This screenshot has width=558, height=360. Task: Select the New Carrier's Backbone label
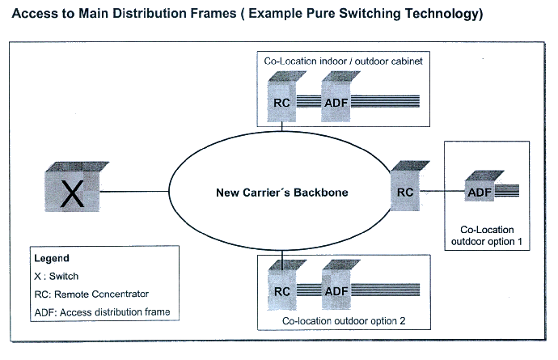coord(282,193)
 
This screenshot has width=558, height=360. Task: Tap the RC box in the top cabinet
coord(282,96)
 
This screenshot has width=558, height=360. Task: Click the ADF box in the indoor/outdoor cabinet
coord(336,96)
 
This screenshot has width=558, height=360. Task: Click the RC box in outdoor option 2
coord(282,285)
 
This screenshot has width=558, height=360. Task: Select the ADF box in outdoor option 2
coord(336,285)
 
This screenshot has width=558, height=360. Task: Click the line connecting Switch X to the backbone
coord(134,192)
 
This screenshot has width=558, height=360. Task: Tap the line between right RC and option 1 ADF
coord(442,191)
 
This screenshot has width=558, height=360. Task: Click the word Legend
coord(52,258)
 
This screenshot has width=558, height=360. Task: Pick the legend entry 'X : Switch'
coord(57,277)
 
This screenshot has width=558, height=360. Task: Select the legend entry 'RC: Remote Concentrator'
coord(91,294)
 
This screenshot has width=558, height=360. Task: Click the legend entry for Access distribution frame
coord(102,312)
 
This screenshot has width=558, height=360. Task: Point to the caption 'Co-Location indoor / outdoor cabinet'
coord(343,61)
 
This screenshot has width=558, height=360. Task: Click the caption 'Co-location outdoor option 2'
coord(344,321)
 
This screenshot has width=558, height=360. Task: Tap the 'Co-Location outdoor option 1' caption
coord(487,235)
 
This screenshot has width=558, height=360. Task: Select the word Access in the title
coord(34,14)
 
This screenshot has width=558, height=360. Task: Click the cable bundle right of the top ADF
coord(385,101)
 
